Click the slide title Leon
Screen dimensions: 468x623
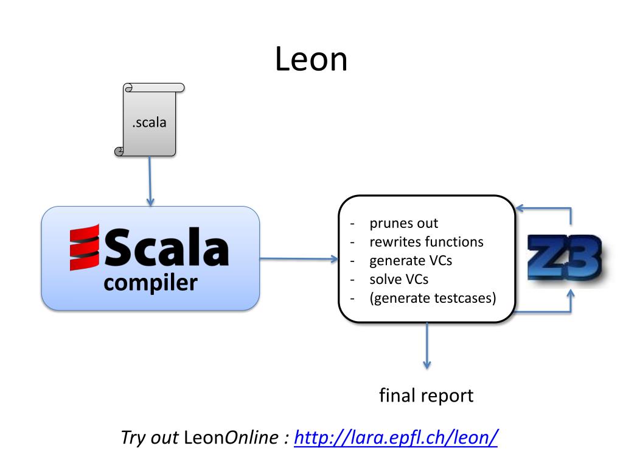(311, 60)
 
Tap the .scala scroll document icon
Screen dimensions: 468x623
(149, 120)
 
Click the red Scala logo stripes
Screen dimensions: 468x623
(84, 247)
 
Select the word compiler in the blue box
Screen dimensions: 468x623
(150, 283)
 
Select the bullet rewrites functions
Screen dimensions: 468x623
(426, 242)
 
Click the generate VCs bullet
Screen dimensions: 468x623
(411, 261)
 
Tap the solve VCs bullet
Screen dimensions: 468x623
(399, 280)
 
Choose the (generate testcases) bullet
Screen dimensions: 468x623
(433, 299)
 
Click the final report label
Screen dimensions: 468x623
(426, 395)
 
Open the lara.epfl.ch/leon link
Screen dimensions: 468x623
(396, 438)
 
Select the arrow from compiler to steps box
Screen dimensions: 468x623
(299, 259)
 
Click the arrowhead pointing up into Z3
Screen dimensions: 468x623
(571, 295)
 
